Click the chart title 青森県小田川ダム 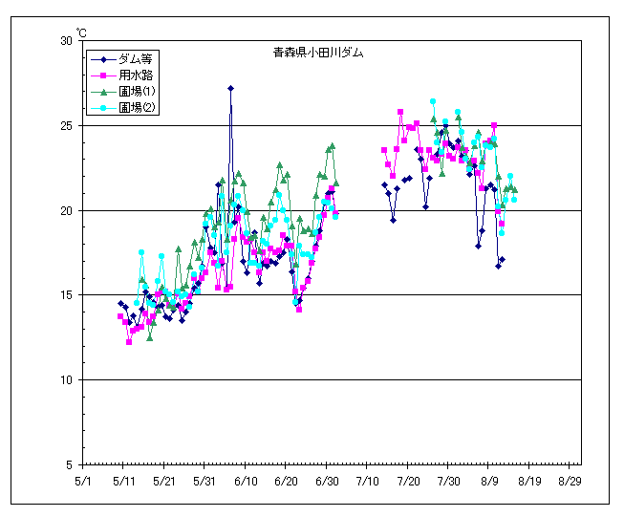point(317,54)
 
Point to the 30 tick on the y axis point(66,41)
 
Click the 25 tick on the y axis point(66,126)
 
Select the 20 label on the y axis point(66,210)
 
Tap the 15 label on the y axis point(66,295)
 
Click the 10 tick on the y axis point(66,380)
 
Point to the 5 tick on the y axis point(69,464)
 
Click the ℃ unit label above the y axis point(81,32)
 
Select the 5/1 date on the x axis point(83,481)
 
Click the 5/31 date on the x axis point(204,481)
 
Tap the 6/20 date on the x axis point(286,481)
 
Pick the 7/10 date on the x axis point(367,481)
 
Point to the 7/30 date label point(448,481)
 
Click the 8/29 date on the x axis point(570,481)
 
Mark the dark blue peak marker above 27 point(230,88)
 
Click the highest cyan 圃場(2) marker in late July point(433,101)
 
